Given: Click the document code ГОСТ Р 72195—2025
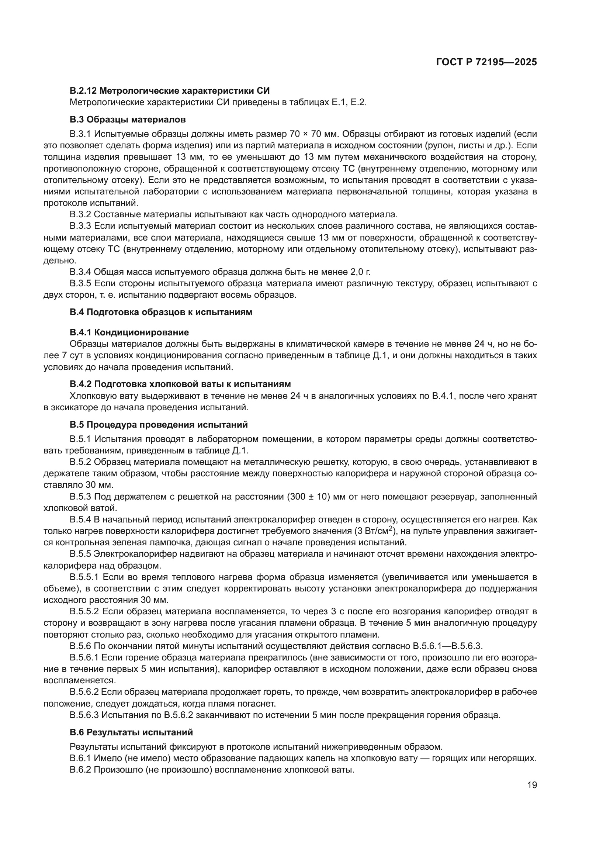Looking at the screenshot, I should point(486,62).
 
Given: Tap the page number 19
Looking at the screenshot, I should point(532,785).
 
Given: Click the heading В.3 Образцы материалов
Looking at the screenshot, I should point(127,120).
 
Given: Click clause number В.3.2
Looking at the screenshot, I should point(80,214).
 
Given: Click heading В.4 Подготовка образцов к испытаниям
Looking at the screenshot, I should point(161,312).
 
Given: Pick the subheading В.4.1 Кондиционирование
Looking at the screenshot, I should point(129,332).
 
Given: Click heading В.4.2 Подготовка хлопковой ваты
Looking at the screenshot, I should point(180,384).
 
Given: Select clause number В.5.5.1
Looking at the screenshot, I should point(84,577).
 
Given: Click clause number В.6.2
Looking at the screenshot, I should point(80,770).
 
